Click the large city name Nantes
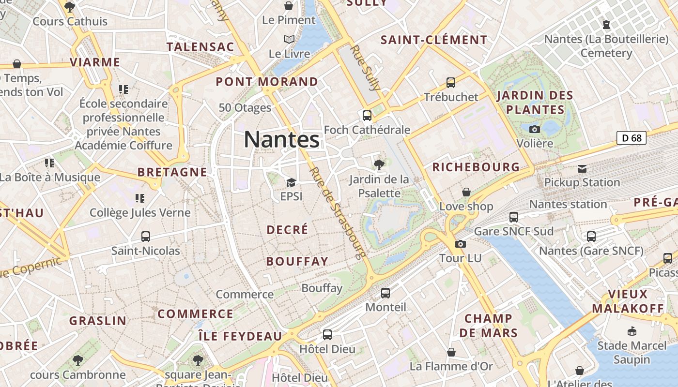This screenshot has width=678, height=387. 281,139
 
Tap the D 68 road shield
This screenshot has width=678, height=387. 632,138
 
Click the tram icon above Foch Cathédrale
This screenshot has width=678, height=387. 367,116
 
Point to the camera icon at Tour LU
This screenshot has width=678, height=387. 461,244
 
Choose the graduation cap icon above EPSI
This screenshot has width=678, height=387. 291,182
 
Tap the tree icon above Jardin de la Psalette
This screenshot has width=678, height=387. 379,165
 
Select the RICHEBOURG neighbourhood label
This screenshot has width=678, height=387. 476,167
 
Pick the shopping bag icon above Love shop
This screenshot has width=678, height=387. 466,193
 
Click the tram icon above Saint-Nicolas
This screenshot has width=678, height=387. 145,237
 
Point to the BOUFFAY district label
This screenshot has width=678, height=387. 297,262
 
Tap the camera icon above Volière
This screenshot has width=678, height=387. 535,129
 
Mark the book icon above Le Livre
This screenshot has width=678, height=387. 289,39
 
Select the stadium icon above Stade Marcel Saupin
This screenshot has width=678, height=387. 632,331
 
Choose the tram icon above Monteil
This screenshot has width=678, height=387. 385,293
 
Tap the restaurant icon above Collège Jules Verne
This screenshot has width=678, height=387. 139,198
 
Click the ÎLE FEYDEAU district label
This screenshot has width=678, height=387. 240,336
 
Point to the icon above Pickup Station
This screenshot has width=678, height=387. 582,169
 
